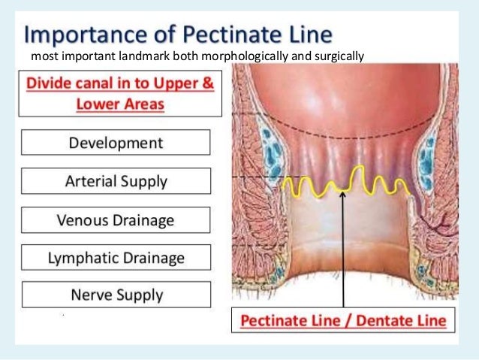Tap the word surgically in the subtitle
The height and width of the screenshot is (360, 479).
point(331,56)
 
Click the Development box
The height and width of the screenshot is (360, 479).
point(115,143)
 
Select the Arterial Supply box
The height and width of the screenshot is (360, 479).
point(115,181)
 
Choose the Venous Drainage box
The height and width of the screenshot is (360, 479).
point(115,220)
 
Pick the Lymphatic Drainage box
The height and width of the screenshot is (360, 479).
point(115,257)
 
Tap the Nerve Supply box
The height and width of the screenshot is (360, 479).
point(115,294)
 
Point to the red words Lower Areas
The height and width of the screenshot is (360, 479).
point(120,104)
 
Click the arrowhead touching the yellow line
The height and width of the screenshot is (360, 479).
point(342,192)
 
